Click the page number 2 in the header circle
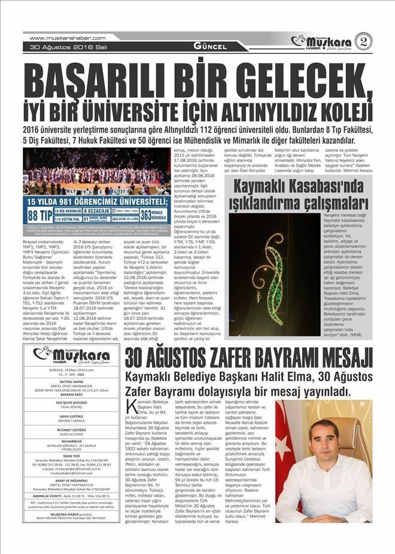point(364,41)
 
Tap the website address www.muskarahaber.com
point(54,38)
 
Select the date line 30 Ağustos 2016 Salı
point(59,47)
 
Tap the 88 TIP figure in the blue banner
point(38,216)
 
